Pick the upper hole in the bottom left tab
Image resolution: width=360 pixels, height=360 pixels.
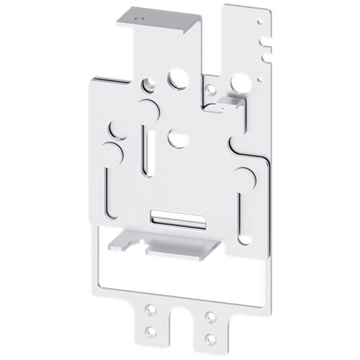(x=150, y=310)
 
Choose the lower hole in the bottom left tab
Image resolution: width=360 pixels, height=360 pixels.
(x=150, y=330)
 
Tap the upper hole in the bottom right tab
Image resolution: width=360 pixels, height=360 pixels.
(x=210, y=316)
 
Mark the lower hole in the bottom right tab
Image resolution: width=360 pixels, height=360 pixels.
(x=210, y=336)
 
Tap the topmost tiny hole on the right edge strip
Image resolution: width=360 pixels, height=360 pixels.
(x=257, y=23)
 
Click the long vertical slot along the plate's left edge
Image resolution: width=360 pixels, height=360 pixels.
(x=108, y=191)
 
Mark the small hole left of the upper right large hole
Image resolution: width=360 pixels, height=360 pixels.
(x=211, y=90)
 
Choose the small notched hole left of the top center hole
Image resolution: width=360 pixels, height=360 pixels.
(x=149, y=85)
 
